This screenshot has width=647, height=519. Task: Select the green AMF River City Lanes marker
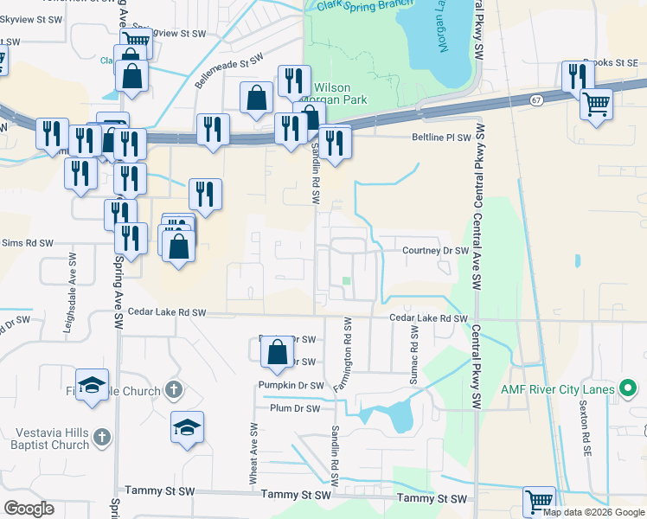point(629,388)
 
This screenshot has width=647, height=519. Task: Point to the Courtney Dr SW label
point(435,251)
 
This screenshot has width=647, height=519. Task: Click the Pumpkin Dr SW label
point(291,385)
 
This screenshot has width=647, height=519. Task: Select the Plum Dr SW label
point(295,408)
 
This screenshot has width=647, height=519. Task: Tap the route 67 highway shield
point(536,101)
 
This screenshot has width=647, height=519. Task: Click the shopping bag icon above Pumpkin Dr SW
point(278,351)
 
